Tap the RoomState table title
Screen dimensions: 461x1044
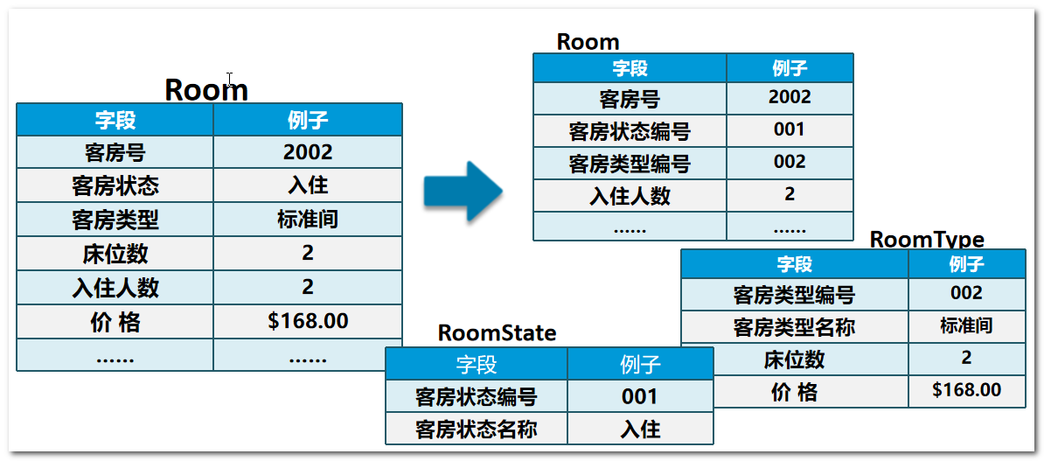[497, 332]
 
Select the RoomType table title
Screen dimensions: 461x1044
[927, 240]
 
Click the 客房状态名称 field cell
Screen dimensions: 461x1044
[476, 430]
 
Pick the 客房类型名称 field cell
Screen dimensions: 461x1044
[794, 327]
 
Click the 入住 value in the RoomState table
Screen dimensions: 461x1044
[640, 430]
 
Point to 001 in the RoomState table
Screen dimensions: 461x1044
[640, 396]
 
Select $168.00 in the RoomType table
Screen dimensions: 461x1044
[966, 390]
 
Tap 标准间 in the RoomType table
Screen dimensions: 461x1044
[966, 326]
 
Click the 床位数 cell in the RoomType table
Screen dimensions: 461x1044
[794, 360]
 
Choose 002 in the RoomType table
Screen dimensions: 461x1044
[966, 293]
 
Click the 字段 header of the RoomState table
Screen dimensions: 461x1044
[476, 364]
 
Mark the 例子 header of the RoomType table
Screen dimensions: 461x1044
[966, 263]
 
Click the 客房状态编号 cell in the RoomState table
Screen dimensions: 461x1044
[476, 397]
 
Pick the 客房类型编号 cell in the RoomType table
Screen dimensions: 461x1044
[794, 295]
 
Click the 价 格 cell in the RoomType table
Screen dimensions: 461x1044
[794, 393]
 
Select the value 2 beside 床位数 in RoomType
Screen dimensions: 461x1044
[966, 358]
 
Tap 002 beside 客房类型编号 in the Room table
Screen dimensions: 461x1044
[789, 162]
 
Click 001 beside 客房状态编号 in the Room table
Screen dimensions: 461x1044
[789, 129]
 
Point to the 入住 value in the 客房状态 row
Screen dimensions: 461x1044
[308, 185]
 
